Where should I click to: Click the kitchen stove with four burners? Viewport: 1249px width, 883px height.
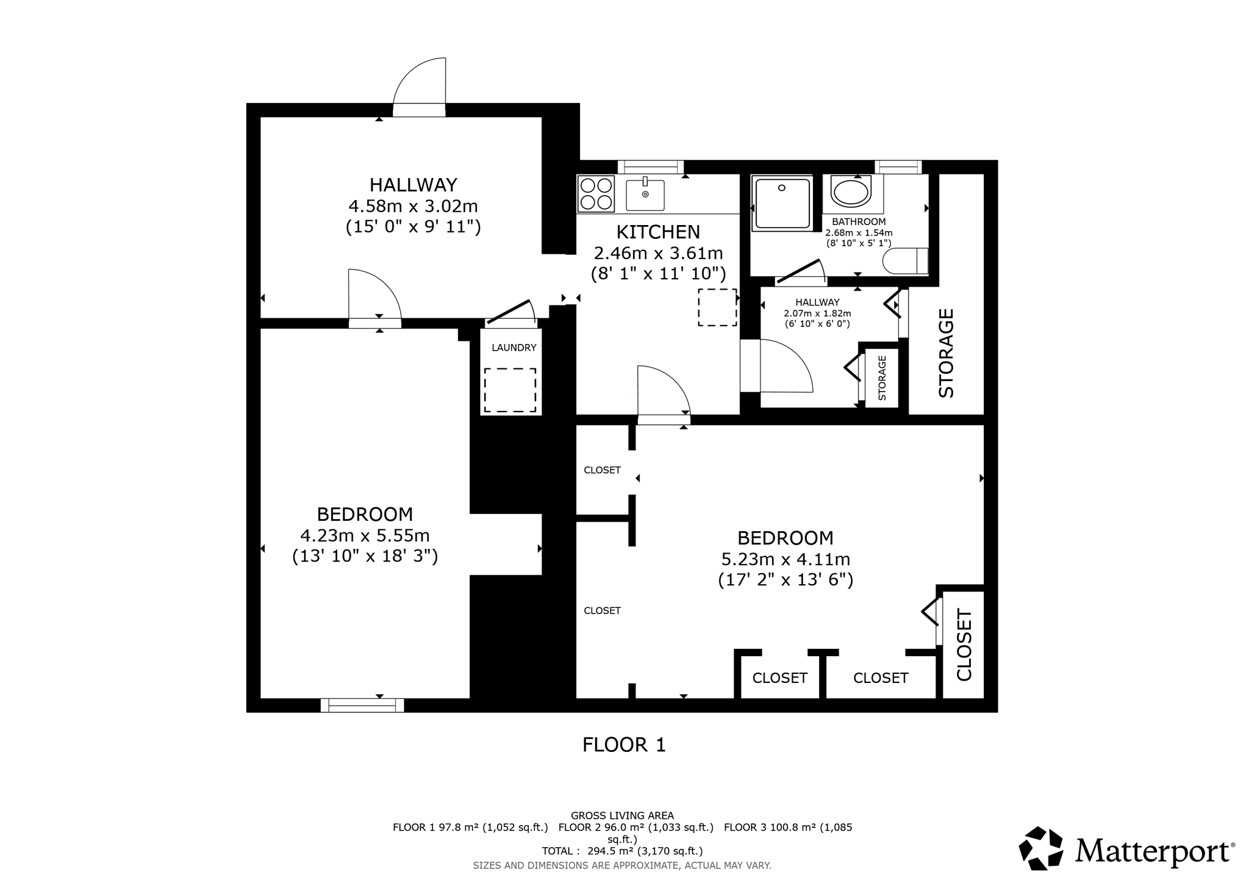point(596,193)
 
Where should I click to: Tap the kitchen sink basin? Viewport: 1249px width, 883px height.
point(645,195)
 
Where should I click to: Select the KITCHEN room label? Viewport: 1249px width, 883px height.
point(658,232)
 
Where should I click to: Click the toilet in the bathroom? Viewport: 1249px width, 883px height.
point(905,261)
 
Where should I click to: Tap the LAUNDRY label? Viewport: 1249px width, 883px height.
point(514,348)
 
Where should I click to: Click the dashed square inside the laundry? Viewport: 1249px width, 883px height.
point(510,390)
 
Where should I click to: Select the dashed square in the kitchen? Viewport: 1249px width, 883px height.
point(717,307)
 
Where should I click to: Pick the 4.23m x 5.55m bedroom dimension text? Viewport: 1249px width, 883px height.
point(365,535)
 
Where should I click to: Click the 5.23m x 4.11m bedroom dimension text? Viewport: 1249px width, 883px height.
point(786,559)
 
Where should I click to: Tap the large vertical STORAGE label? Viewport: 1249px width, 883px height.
point(946,353)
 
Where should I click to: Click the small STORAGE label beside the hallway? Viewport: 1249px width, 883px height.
point(882,378)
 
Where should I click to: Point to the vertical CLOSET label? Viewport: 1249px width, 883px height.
point(964,644)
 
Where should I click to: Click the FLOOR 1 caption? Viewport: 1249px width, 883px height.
point(624,745)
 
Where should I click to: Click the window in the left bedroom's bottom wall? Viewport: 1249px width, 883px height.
point(362,705)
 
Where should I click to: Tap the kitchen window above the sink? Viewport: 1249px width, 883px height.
point(650,167)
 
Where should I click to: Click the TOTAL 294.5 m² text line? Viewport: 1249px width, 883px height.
point(622,851)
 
